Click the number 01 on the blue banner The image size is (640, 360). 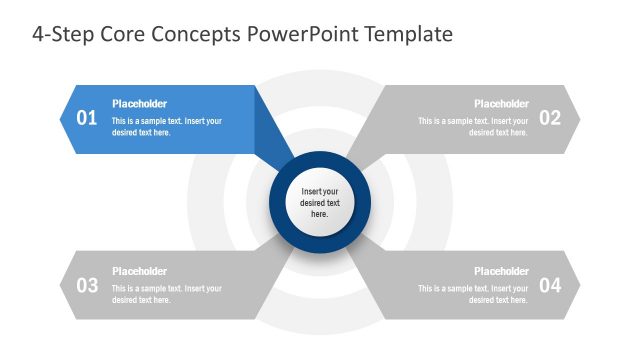point(87,118)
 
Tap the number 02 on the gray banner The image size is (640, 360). point(550,118)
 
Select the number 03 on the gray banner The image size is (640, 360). point(87,285)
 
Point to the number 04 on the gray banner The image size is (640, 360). point(550,285)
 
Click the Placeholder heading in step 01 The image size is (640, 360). point(139,104)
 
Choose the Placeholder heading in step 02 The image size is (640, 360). point(501,104)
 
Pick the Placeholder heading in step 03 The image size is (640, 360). point(139,271)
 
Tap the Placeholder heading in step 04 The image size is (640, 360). point(501,271)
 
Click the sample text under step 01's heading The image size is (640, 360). point(166,127)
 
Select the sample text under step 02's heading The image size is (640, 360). point(473,127)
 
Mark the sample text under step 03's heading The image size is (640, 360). point(166,294)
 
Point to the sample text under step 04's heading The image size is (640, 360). point(473,294)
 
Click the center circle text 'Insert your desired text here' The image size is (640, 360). point(320,203)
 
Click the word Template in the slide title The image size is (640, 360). point(410,35)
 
